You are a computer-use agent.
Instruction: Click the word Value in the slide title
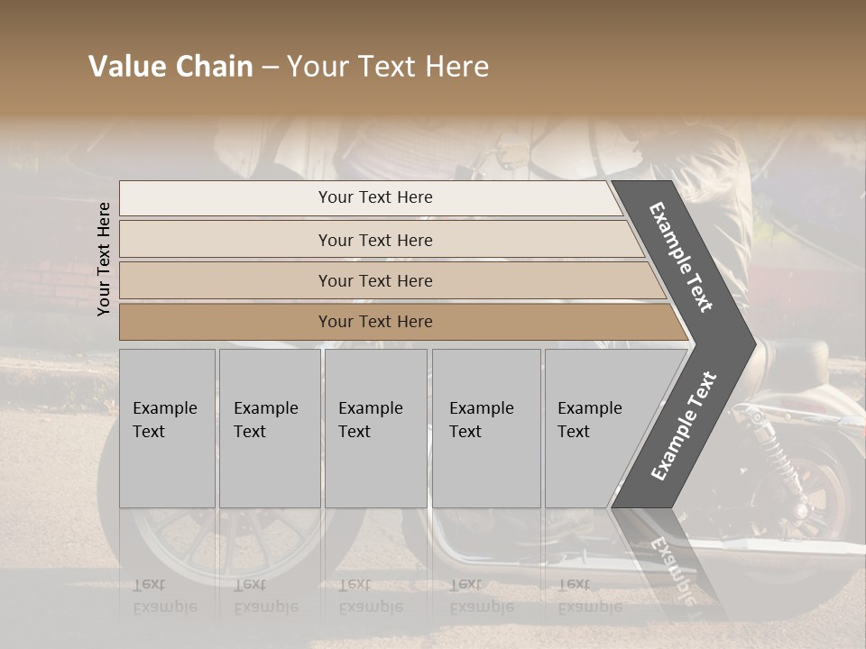126,67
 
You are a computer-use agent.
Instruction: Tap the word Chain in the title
215,67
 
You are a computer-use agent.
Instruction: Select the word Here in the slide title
456,67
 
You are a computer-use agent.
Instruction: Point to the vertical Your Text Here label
104,259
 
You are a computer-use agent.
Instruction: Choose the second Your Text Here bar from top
375,240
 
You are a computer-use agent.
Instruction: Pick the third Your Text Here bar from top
375,280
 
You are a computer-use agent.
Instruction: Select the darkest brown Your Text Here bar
375,322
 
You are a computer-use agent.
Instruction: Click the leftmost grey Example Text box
167,428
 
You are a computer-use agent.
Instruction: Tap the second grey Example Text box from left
270,428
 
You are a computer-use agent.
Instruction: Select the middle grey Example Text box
375,428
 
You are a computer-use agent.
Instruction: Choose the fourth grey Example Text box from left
486,428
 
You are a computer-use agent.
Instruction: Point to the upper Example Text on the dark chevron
681,257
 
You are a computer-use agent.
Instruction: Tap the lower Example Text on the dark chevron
684,426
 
